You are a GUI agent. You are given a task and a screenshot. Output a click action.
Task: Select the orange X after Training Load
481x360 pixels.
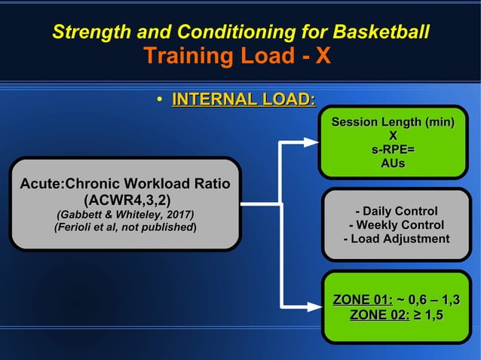[323, 56]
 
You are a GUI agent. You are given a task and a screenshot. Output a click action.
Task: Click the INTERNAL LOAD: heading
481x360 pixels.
[244, 99]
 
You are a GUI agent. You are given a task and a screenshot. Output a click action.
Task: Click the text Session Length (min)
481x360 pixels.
[392, 122]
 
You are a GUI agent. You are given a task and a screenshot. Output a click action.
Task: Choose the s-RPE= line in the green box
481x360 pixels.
[392, 149]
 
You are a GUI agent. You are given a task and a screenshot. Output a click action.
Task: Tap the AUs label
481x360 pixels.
[392, 163]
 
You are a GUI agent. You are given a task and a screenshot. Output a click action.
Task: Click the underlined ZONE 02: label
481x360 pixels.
[378, 315]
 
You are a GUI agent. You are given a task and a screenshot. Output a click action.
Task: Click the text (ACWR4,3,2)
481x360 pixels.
[126, 200]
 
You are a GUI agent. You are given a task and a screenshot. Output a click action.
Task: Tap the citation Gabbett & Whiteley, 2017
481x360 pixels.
[126, 213]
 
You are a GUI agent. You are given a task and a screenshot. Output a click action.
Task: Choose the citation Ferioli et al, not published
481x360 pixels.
[126, 226]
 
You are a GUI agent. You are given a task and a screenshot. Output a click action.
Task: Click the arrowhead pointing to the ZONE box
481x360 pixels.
[311, 307]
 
